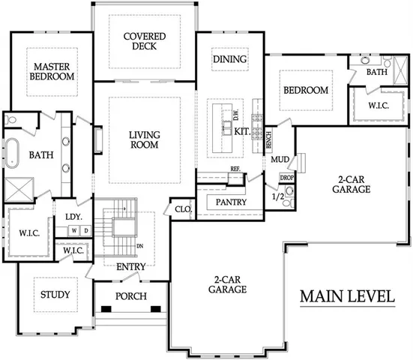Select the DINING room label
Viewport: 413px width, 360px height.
pos(229,59)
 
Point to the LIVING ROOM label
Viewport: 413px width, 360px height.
pos(144,139)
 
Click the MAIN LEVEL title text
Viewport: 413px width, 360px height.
pos(348,296)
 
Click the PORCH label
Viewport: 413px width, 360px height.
pos(131,295)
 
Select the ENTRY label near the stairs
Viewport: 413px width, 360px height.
pos(130,265)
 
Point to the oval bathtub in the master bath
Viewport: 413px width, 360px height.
pos(13,152)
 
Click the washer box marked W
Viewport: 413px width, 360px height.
pos(75,230)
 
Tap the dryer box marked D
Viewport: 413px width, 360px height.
pos(85,230)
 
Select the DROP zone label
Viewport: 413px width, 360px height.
pos(287,178)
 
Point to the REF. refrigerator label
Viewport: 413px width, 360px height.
pos(235,169)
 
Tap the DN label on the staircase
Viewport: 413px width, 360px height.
pos(139,246)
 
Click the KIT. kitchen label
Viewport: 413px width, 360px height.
pos(242,130)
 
